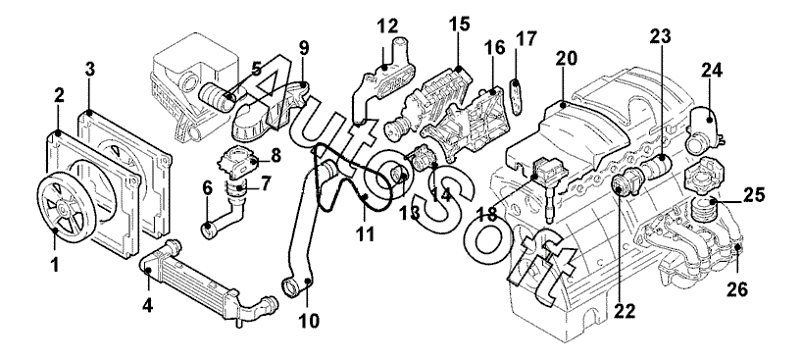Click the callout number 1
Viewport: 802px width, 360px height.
coord(55,265)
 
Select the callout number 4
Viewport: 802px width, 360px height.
coord(147,305)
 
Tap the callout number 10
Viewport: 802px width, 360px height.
coord(309,321)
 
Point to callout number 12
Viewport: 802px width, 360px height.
coord(387,26)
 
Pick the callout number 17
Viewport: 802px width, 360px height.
coord(526,38)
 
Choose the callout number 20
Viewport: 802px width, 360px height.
coord(567,59)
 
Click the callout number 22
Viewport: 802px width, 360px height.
coord(625,310)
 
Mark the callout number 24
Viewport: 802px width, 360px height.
coord(712,71)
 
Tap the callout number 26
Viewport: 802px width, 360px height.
coord(737,289)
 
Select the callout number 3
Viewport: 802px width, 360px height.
coord(90,70)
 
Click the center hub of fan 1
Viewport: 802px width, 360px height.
coord(62,207)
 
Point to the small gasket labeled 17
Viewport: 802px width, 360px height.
coord(516,96)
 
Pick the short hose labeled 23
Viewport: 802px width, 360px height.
coord(655,168)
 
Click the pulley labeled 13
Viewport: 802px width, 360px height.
coord(400,176)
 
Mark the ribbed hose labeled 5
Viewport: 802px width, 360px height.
coord(217,98)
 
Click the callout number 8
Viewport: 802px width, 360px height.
coord(276,155)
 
